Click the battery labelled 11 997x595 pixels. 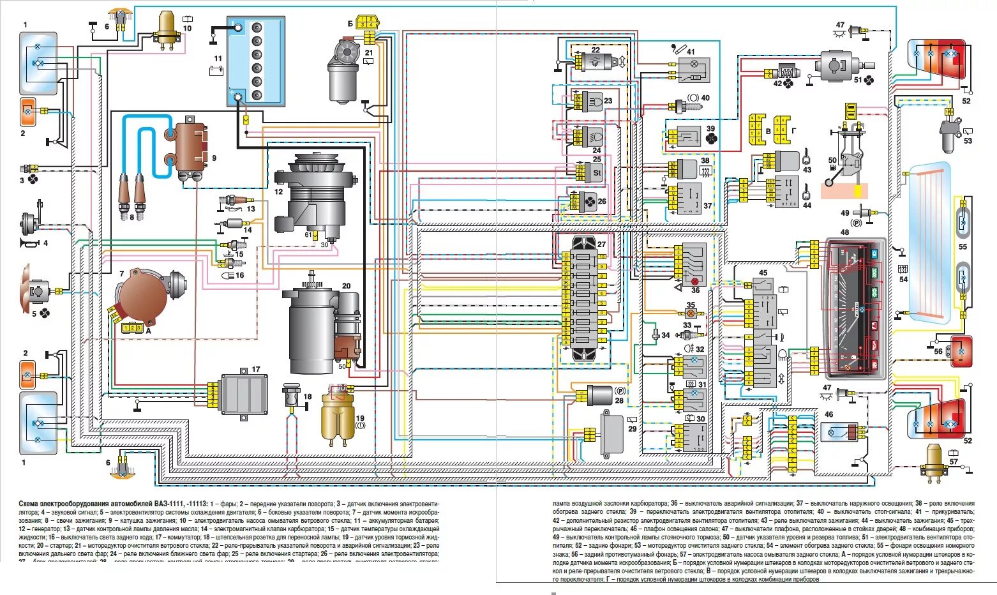pos(255,62)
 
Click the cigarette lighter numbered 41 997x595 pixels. pos(694,69)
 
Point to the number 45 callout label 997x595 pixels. pos(763,273)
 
